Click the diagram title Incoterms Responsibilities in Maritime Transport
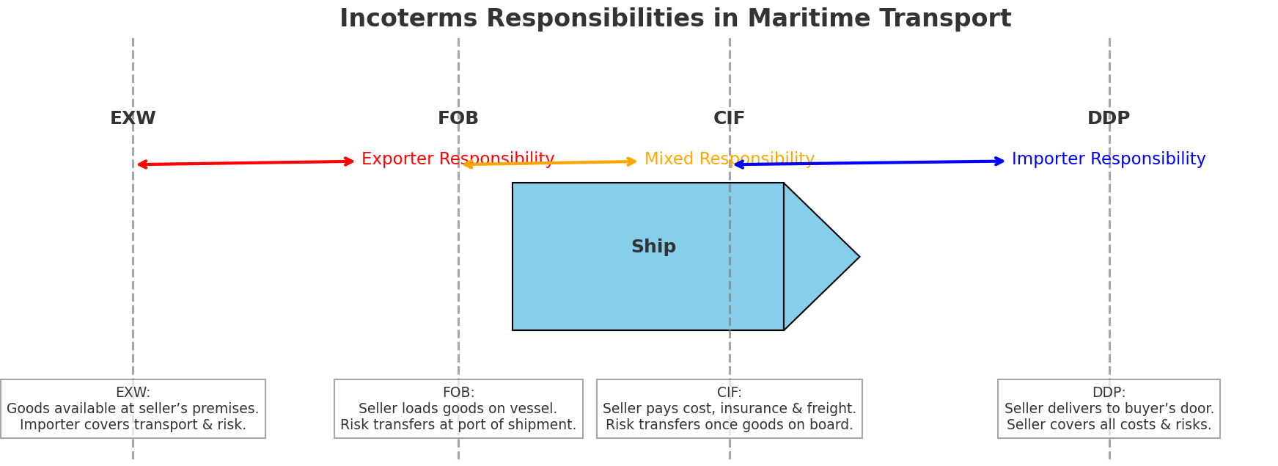[x=675, y=19]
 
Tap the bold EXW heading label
[x=133, y=119]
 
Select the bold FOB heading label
[x=458, y=119]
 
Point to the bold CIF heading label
[x=730, y=119]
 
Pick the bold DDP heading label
[x=1109, y=119]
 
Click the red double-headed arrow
[x=246, y=163]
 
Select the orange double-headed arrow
[x=550, y=163]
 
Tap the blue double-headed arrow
[x=870, y=163]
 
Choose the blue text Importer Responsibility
[x=1109, y=159]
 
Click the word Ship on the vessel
[x=653, y=247]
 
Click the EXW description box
[x=133, y=409]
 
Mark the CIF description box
[x=730, y=409]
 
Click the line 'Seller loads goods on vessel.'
[x=458, y=409]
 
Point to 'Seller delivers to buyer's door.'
[x=1109, y=409]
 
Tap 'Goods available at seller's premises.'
[x=133, y=409]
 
